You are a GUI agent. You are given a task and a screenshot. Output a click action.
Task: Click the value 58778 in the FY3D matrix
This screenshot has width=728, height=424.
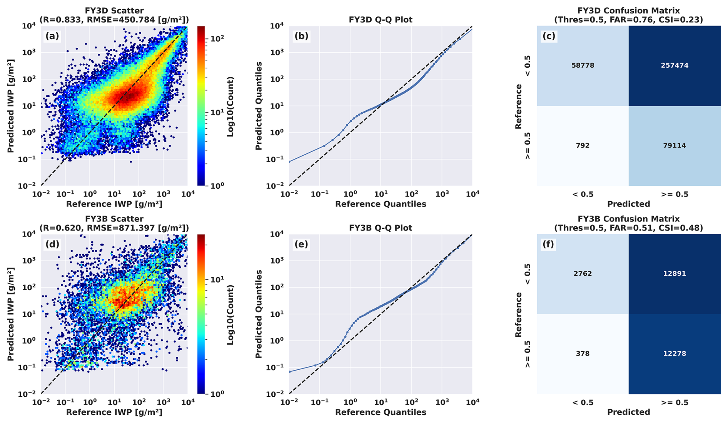[x=583, y=65]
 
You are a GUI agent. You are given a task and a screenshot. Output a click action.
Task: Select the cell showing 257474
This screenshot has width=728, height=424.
[x=674, y=65]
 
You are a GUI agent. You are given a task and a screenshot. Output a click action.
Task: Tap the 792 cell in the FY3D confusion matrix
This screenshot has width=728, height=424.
[x=583, y=145]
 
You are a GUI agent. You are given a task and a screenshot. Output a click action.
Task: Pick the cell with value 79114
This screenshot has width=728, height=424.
[x=674, y=145]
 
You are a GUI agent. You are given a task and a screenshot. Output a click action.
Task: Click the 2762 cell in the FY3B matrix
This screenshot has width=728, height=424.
[x=583, y=274]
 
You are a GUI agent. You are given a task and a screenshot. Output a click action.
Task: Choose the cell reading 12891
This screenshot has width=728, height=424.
[x=674, y=274]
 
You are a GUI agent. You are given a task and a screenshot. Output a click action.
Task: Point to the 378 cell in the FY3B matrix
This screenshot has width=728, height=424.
[x=583, y=354]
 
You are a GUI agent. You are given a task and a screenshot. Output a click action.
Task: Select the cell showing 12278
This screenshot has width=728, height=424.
[x=674, y=354]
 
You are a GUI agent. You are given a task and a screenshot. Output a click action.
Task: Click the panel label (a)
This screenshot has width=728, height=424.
[x=52, y=36]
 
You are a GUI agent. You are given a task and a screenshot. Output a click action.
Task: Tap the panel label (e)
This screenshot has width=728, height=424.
[x=301, y=244]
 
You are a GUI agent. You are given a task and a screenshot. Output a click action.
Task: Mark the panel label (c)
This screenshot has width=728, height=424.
[x=548, y=36]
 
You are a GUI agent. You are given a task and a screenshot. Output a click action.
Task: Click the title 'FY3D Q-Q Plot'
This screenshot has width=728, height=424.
[x=380, y=20]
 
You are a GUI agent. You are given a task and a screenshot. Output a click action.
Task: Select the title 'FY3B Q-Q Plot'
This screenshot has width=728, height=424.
[x=380, y=228]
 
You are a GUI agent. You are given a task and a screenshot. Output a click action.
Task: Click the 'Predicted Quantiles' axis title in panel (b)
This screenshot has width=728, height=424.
[x=259, y=106]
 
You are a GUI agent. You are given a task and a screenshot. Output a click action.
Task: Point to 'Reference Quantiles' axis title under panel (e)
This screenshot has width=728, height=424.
[x=380, y=412]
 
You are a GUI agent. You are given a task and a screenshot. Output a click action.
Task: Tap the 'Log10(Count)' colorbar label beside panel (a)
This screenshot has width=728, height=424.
[x=230, y=106]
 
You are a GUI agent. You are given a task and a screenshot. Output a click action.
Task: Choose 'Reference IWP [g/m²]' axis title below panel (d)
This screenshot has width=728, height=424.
[x=114, y=412]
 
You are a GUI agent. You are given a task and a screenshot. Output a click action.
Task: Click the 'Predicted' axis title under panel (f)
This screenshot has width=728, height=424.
[x=628, y=412]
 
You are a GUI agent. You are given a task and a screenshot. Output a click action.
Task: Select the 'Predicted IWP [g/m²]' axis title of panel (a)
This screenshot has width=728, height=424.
[x=11, y=106]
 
